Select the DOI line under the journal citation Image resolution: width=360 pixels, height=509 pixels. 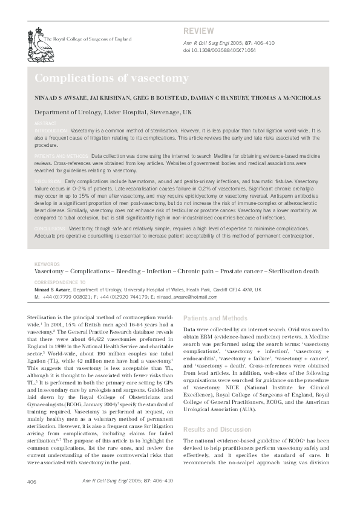point(219,50)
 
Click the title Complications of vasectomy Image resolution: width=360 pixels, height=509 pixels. point(111,79)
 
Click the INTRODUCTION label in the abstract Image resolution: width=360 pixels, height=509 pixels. point(51,131)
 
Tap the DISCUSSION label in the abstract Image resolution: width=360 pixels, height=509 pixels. point(48,181)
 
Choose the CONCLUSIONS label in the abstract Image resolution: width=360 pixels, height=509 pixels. point(51,229)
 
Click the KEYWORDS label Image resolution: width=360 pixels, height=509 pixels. point(47,265)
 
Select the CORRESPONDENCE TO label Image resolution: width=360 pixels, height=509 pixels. point(60,282)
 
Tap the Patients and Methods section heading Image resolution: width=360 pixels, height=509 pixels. point(215,317)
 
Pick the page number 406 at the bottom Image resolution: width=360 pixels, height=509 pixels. point(33,481)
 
